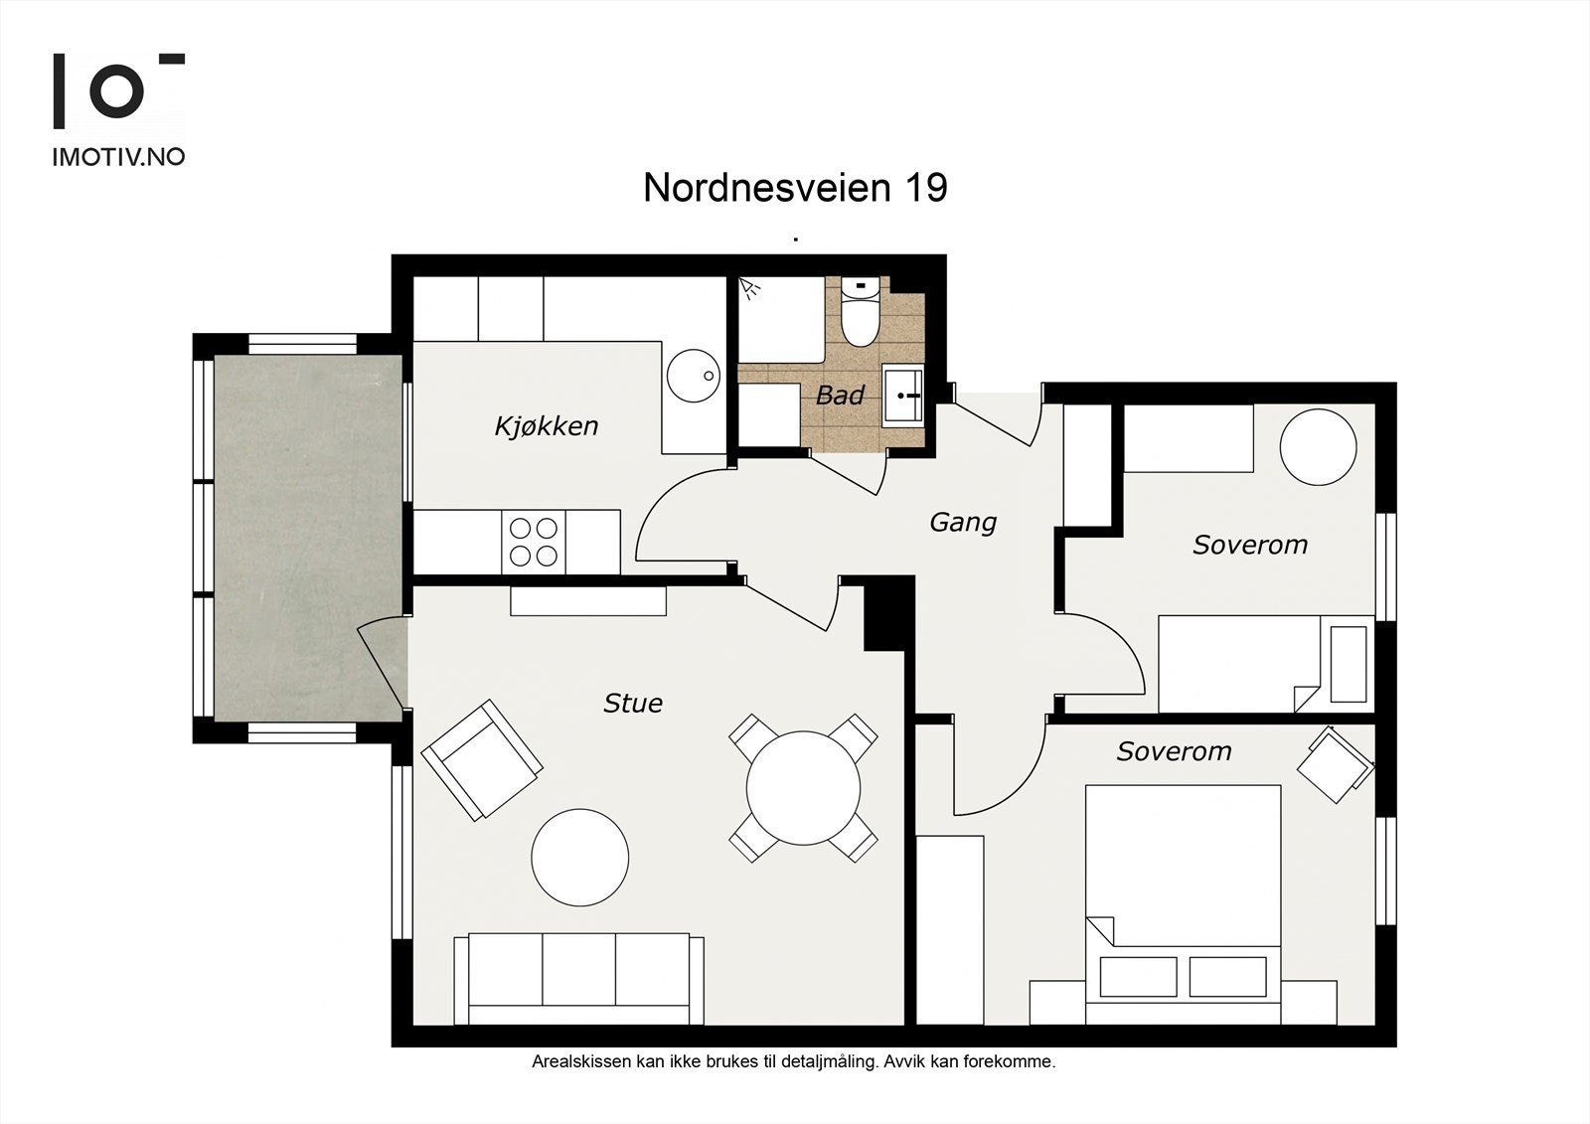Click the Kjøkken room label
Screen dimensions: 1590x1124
pos(547,426)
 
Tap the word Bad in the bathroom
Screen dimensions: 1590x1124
pos(840,396)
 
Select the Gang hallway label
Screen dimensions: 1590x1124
pos(963,524)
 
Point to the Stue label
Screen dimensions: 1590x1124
pos(633,704)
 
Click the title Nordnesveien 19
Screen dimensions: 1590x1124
pos(795,188)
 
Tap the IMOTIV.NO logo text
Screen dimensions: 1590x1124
pos(118,157)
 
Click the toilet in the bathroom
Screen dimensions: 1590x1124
pos(861,312)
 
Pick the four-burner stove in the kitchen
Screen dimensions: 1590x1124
pos(533,542)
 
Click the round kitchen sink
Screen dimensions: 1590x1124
pos(694,376)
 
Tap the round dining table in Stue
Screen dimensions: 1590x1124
pos(804,787)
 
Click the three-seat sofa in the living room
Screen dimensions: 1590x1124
pos(578,979)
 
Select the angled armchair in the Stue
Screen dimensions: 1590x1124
pos(482,760)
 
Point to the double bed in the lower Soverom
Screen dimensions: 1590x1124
pos(1184,904)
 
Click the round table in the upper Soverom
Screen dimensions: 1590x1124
pos(1318,447)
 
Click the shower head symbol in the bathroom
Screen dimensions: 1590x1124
pos(749,288)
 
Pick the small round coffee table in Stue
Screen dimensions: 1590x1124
pos(580,857)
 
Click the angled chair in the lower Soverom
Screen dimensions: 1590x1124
pos(1336,764)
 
